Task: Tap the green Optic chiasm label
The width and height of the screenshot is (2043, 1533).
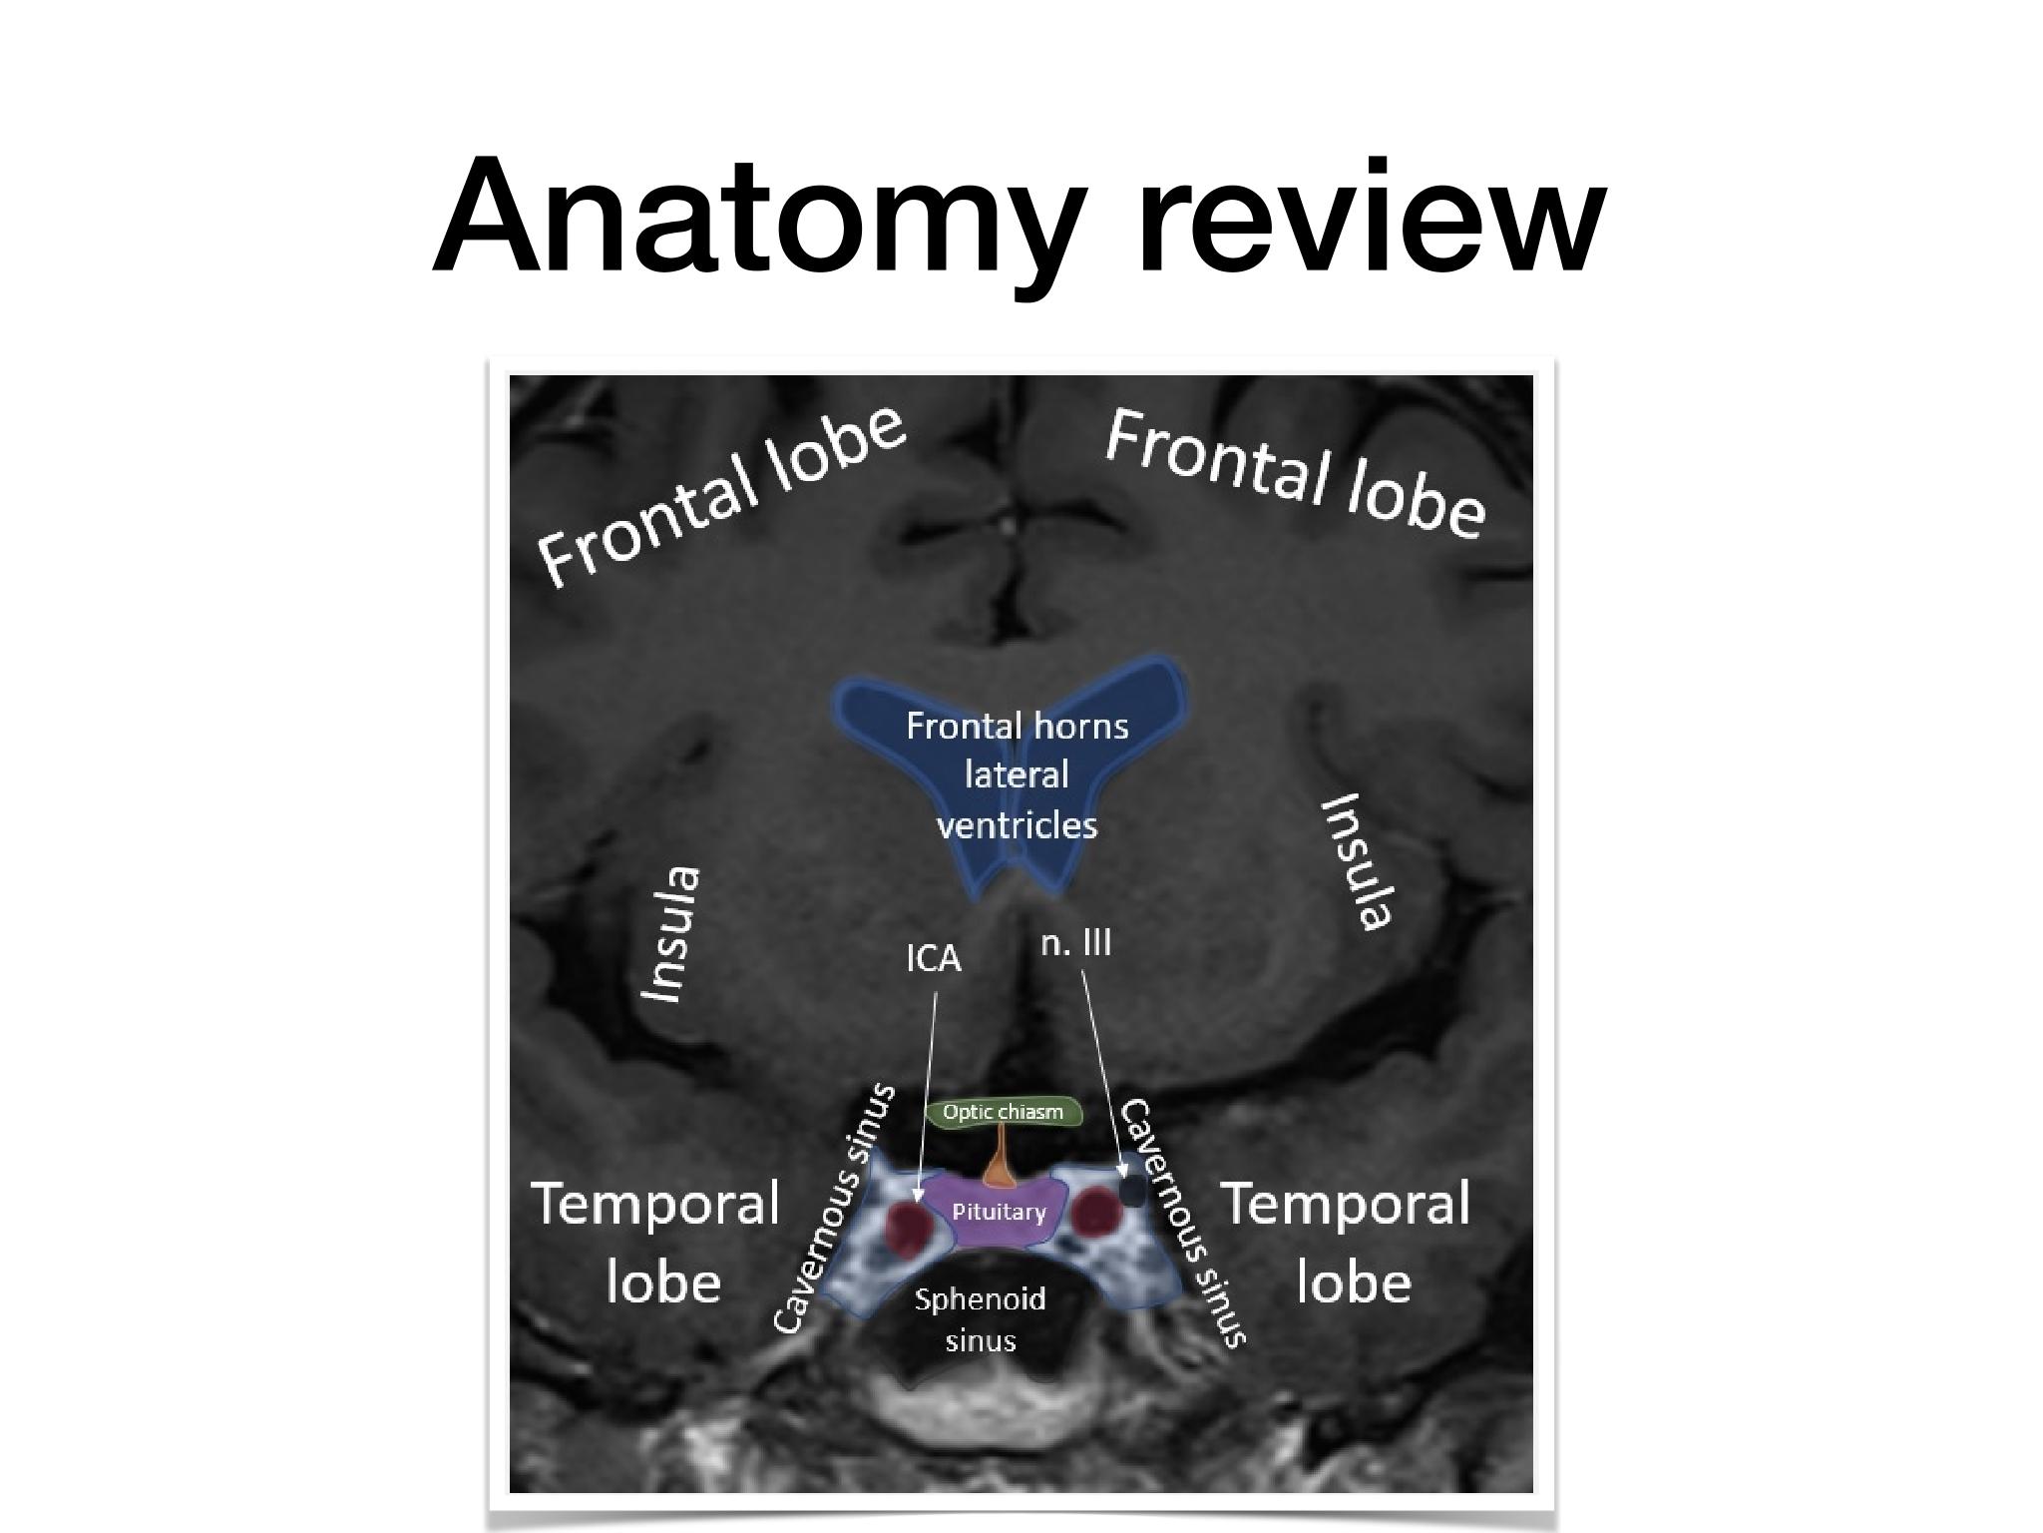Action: (x=1004, y=1112)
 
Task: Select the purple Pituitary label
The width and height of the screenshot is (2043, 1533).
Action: (x=999, y=1212)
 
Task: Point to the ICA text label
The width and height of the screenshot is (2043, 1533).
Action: (x=933, y=959)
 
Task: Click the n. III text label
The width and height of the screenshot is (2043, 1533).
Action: (x=1075, y=943)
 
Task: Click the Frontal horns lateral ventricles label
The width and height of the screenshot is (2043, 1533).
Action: (x=1017, y=775)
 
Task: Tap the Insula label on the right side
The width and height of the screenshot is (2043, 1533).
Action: (x=1357, y=861)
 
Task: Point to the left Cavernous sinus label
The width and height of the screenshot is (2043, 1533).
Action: (x=836, y=1210)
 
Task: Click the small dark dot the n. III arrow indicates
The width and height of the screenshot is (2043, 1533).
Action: (x=1132, y=1191)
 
